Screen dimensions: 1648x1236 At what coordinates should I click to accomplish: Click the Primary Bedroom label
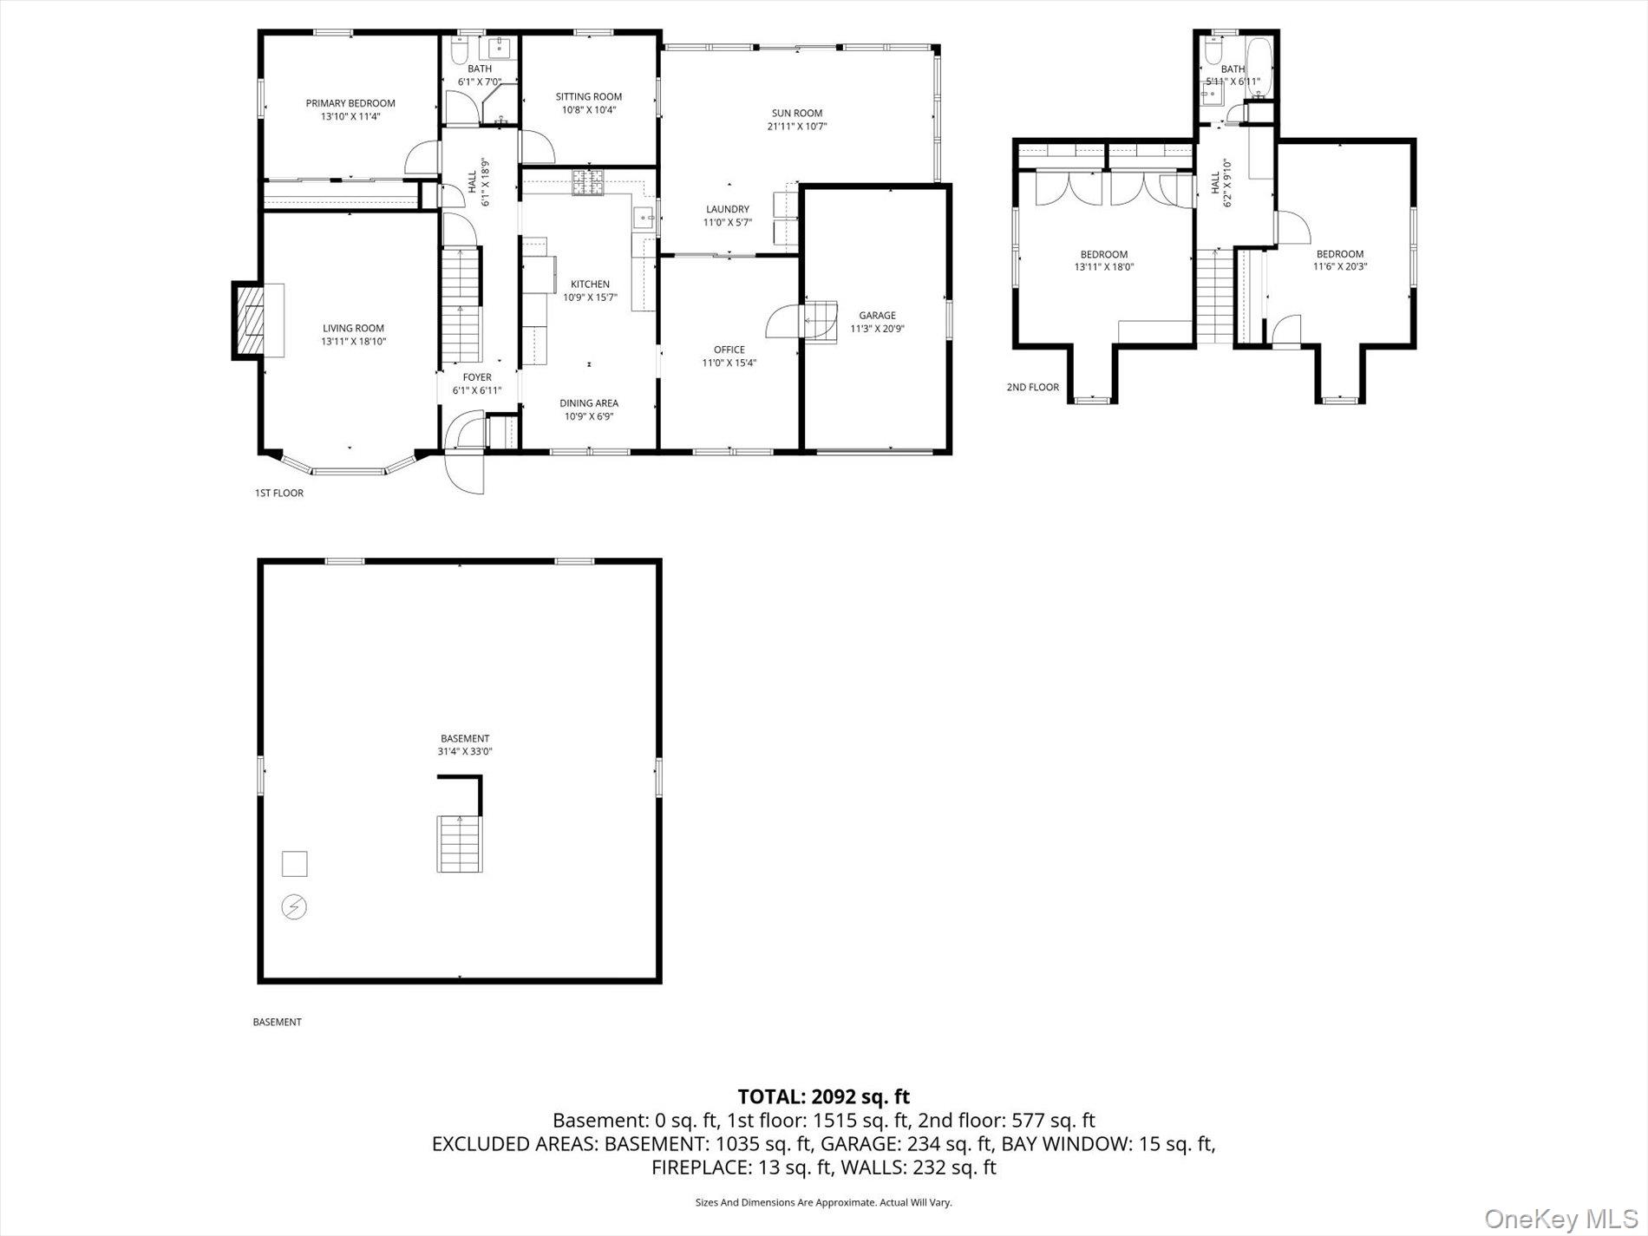pyautogui.click(x=350, y=103)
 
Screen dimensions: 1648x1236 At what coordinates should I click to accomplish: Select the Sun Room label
pyautogui.click(x=797, y=113)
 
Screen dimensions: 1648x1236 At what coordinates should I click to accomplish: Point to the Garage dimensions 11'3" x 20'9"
pyautogui.click(x=877, y=329)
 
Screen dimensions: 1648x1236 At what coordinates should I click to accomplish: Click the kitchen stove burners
pyautogui.click(x=587, y=183)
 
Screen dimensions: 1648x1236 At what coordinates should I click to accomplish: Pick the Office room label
pyautogui.click(x=729, y=350)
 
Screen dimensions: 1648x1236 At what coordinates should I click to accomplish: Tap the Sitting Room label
pyautogui.click(x=589, y=96)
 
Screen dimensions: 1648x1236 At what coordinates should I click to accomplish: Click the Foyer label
pyautogui.click(x=477, y=377)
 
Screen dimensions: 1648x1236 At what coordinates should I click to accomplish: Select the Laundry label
pyautogui.click(x=728, y=209)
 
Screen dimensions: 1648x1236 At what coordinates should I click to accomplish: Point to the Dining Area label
pyautogui.click(x=589, y=402)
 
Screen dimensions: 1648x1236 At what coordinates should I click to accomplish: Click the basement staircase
pyautogui.click(x=460, y=844)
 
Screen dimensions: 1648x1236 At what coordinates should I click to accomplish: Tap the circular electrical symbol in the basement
pyautogui.click(x=295, y=907)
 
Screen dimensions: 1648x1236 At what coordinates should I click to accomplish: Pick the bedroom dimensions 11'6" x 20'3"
pyautogui.click(x=1340, y=267)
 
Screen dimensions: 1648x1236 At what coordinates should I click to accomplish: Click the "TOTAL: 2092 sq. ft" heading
pyautogui.click(x=823, y=1096)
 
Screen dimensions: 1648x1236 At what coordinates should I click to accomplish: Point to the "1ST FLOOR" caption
pyautogui.click(x=278, y=493)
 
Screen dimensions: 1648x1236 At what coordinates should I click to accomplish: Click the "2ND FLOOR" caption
pyautogui.click(x=1032, y=387)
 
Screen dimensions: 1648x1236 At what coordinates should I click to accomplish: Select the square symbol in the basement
pyautogui.click(x=295, y=864)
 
